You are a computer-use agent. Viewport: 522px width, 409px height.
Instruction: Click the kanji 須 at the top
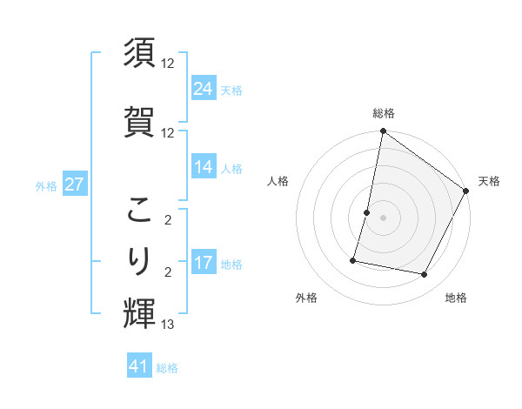point(140,53)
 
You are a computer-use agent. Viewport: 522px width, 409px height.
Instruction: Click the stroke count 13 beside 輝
point(168,325)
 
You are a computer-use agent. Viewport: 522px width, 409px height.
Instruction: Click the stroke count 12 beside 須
point(168,64)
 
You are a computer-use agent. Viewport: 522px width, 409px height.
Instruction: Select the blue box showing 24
point(203,89)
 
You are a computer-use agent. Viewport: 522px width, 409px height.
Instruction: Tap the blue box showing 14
point(203,167)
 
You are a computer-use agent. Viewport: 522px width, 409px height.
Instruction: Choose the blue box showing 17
point(203,263)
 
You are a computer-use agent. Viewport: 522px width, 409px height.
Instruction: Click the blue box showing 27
point(74,184)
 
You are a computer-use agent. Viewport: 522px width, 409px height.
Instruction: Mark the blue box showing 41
point(139,366)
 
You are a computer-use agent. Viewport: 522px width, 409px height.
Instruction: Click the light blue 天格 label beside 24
point(231,90)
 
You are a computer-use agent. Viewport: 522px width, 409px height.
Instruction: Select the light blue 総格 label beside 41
point(167,368)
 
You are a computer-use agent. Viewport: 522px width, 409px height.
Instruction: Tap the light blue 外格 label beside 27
point(46,185)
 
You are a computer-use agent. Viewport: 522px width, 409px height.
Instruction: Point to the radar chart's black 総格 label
point(384,113)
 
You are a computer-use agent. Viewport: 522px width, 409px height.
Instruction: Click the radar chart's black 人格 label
point(278,181)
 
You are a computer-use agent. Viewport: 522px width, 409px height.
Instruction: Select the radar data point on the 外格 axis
point(354,260)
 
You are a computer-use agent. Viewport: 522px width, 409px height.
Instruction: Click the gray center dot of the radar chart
point(383,218)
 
